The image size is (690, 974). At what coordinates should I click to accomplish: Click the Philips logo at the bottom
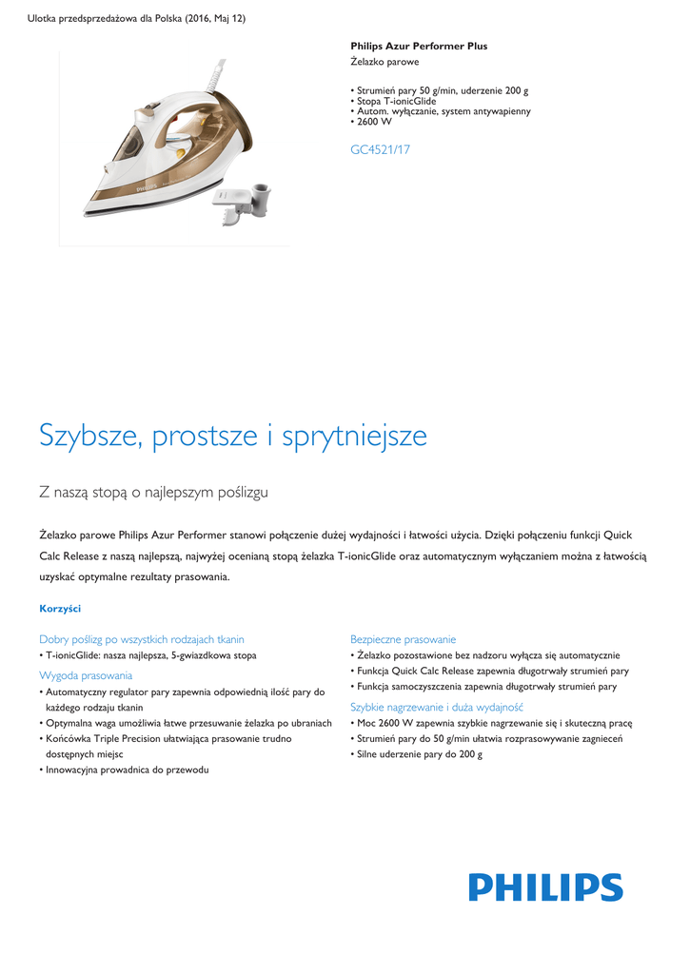click(x=545, y=887)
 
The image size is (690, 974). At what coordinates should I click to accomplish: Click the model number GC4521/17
click(x=381, y=149)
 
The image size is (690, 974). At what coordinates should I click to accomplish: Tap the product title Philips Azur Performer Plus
click(x=419, y=46)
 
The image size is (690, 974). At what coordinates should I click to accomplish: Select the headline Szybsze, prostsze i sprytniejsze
click(x=233, y=436)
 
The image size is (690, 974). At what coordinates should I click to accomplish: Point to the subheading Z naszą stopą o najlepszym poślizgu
click(x=153, y=492)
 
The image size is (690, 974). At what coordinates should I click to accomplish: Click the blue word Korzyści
click(x=60, y=608)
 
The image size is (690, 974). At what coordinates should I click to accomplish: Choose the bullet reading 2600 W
click(x=373, y=122)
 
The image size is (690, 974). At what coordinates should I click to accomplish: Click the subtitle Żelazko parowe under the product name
click(x=384, y=62)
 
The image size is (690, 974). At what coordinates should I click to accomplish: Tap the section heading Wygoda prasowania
click(x=86, y=674)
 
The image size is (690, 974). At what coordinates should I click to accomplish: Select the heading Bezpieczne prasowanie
click(x=403, y=639)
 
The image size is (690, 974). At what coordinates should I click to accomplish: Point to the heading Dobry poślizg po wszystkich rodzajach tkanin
click(x=142, y=639)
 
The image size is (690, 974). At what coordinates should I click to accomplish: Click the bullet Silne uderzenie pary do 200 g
click(x=419, y=754)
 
